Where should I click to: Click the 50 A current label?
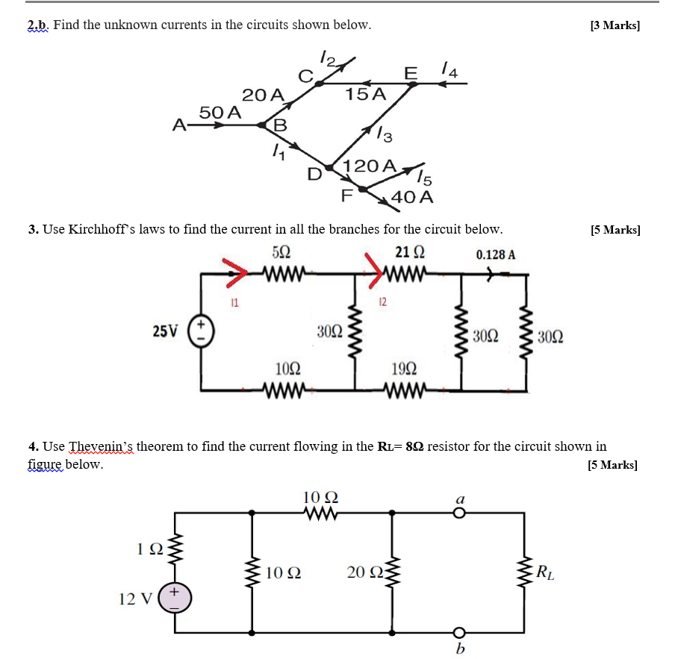pos(220,113)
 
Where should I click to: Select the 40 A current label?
pos(413,197)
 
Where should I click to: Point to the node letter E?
pos(410,72)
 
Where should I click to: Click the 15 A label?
pos(366,95)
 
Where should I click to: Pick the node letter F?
pos(346,197)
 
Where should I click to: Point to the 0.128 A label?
pos(495,254)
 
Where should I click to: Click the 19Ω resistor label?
pos(405,368)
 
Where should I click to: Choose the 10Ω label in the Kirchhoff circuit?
pos(287,368)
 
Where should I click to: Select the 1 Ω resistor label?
pos(149,549)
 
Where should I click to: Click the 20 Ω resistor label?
pos(364,572)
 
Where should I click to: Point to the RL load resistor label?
pos(546,572)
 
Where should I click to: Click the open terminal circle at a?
pos(460,513)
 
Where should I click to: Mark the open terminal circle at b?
pos(460,631)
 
